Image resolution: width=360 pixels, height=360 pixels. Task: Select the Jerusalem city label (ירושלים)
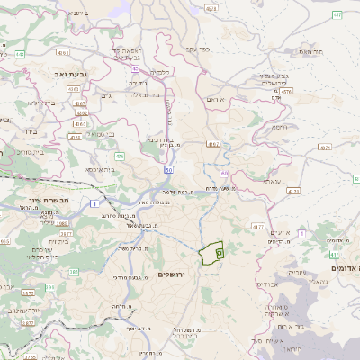172,274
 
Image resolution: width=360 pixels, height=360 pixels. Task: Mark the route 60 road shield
224,172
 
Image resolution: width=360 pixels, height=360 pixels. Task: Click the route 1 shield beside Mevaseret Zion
94,204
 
